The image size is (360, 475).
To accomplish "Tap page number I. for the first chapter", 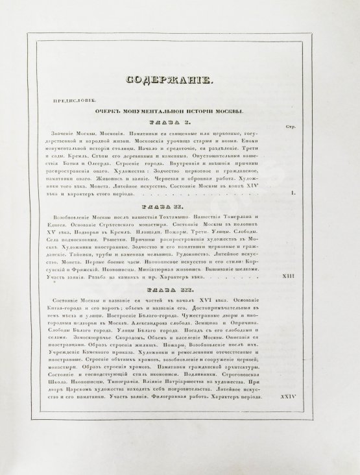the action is (x=293, y=193).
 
